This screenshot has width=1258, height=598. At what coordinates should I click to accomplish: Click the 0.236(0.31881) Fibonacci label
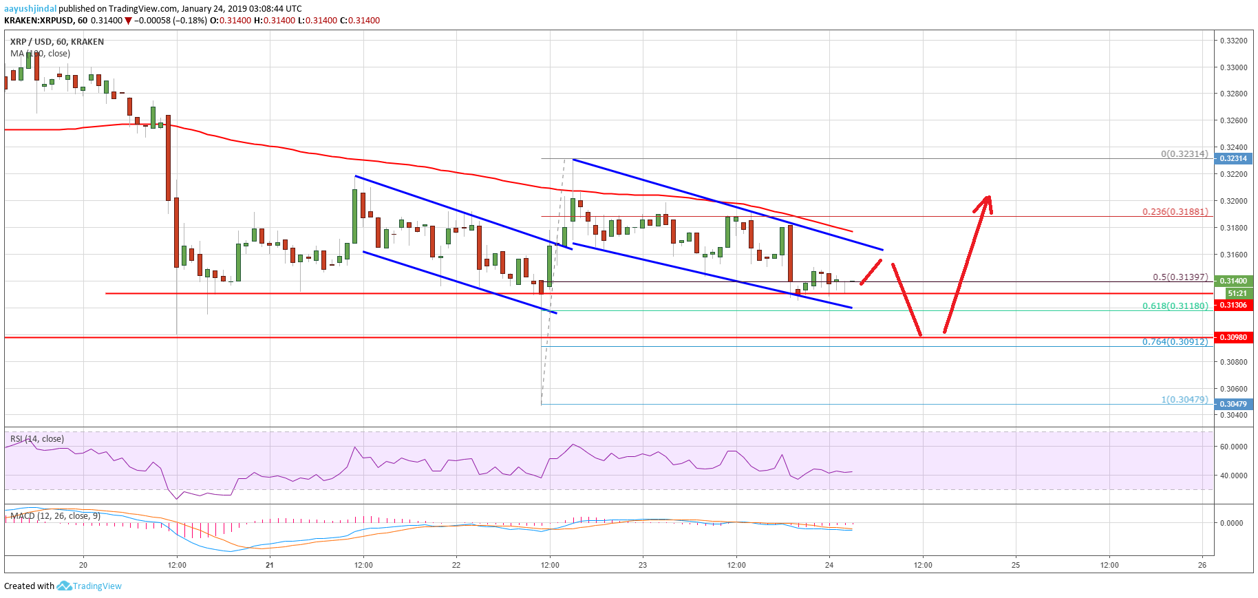(1175, 211)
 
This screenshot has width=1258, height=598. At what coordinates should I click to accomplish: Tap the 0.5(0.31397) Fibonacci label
(1180, 277)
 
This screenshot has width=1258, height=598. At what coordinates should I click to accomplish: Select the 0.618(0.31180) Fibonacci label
(1175, 306)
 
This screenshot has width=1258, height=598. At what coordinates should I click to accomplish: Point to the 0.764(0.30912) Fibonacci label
(1175, 341)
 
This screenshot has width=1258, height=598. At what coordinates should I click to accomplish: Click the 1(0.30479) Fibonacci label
(1184, 399)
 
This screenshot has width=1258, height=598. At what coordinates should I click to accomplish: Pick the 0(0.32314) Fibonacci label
(1184, 153)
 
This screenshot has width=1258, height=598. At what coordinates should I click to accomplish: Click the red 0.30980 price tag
(1233, 337)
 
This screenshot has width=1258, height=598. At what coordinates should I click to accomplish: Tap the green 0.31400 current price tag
(1233, 281)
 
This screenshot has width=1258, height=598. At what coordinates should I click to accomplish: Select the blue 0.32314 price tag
(1233, 158)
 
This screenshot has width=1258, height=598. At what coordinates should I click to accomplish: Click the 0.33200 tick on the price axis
(1233, 41)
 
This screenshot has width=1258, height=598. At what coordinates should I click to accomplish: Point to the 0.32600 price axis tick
(1233, 120)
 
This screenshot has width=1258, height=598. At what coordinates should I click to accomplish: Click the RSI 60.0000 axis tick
(1233, 447)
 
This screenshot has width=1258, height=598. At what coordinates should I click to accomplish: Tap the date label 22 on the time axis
(456, 565)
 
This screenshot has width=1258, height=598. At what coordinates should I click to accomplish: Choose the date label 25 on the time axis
(1016, 565)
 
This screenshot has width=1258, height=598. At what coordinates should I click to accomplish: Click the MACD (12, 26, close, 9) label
(55, 515)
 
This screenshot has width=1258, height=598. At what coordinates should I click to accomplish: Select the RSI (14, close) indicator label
(37, 438)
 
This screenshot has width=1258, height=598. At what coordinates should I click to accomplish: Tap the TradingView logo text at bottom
(96, 586)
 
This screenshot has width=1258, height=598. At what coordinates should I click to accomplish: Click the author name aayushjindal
(30, 8)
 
